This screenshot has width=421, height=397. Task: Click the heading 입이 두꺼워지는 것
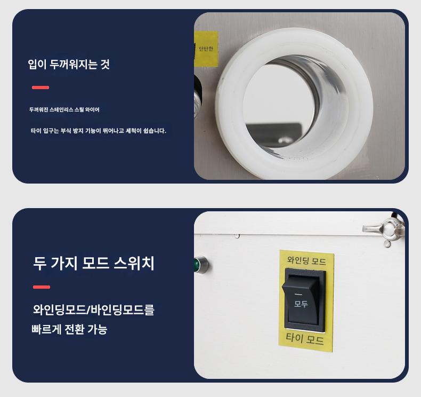tap(69, 64)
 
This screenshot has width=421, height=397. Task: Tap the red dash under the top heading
tap(41, 88)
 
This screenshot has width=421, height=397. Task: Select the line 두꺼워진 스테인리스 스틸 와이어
tap(64, 110)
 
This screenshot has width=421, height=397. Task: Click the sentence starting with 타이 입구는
tap(98, 131)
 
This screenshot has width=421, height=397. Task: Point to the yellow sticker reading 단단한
tap(206, 49)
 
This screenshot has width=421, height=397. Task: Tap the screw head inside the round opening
tap(284, 140)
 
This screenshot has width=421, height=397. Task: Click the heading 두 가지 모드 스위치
tap(94, 263)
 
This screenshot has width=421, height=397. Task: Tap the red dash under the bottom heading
tap(42, 287)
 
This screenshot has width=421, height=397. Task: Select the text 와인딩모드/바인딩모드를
tap(94, 309)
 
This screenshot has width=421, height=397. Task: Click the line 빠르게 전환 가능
tap(69, 329)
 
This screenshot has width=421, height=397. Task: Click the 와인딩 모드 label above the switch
tap(306, 260)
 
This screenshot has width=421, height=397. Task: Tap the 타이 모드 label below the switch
tap(305, 339)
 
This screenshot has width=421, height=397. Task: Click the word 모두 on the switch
tap(301, 304)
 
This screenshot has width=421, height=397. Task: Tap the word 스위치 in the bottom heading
tap(134, 263)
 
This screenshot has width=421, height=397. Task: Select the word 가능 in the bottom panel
tap(98, 329)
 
